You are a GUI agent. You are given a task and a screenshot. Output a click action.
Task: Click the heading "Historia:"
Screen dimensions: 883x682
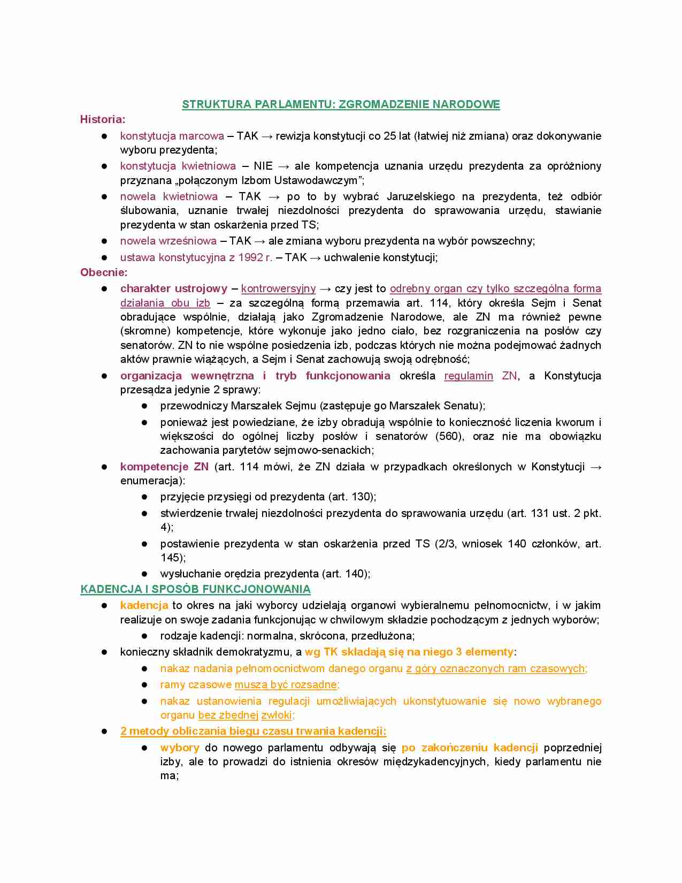(103, 119)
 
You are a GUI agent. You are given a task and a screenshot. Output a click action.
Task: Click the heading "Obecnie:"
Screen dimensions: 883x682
(104, 272)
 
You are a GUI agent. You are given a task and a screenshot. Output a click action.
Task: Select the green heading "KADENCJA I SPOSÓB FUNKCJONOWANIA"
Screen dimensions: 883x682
(195, 589)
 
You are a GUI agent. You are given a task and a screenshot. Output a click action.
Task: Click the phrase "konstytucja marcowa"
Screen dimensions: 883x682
(172, 136)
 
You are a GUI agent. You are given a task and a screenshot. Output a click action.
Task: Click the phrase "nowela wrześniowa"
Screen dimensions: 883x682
(168, 241)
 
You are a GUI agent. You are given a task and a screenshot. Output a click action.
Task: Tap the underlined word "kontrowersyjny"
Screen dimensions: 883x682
(278, 289)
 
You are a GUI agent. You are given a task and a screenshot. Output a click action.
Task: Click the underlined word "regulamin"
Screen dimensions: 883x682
(469, 376)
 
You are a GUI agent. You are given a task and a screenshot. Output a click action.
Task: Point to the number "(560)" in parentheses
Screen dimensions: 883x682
(449, 436)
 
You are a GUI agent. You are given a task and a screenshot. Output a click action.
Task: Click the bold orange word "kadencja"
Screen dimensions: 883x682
(144, 605)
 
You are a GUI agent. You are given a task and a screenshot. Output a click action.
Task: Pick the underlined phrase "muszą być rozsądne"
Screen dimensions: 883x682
(286, 684)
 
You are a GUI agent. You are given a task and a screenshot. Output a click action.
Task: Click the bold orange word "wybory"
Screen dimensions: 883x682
(180, 748)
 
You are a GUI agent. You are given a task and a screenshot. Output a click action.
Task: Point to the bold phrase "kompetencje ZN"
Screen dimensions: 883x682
(164, 467)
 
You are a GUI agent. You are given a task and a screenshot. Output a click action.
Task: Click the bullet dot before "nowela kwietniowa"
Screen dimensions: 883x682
(105, 197)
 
